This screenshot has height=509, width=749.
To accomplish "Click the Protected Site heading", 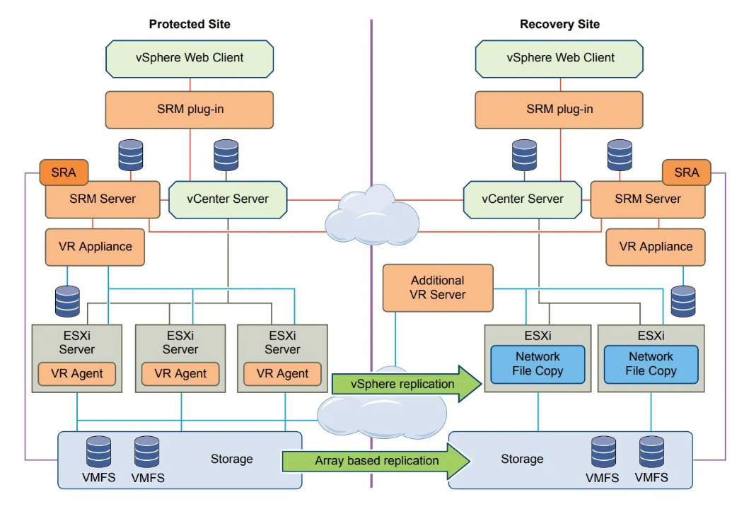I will [x=189, y=24].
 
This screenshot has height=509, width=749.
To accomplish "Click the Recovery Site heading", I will [x=559, y=24].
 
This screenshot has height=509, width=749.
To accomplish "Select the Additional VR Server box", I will [x=438, y=288].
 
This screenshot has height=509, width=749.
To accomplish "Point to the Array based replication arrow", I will [x=377, y=461].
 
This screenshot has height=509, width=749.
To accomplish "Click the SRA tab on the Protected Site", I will [x=64, y=172].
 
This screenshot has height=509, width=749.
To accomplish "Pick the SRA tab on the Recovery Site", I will [x=686, y=172].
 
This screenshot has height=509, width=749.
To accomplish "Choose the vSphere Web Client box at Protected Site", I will [x=190, y=58].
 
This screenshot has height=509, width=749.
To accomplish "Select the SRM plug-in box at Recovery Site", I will [x=559, y=110].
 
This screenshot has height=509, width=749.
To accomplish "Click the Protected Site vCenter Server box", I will [x=228, y=199].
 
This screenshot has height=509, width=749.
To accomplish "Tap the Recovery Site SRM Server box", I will [x=648, y=200].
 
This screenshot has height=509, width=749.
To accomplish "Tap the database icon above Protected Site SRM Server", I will [x=131, y=154].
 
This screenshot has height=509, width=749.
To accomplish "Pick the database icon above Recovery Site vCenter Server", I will [x=525, y=154].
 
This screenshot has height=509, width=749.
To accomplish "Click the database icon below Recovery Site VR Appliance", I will [x=683, y=301].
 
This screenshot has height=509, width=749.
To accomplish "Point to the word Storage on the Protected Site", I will [x=231, y=459].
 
